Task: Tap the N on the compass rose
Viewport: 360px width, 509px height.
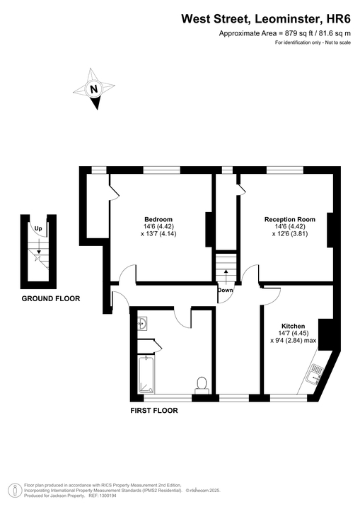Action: pos(94,89)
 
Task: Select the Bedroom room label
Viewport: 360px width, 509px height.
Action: pos(158,219)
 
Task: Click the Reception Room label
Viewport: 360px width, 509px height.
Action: pos(290,219)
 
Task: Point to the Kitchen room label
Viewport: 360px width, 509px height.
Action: pos(293,327)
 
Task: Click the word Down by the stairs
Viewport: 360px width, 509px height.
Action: pos(226,291)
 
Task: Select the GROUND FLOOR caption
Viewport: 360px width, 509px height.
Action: pos(50,299)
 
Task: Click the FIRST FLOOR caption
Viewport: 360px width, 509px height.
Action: pos(153,411)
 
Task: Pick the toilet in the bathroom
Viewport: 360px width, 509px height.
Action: pos(202,384)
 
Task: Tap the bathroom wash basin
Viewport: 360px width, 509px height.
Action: pos(143,324)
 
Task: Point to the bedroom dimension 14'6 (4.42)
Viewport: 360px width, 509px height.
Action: pos(158,226)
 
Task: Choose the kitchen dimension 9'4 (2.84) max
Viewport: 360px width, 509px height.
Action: pos(293,341)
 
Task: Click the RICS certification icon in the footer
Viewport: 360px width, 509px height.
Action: pos(12,490)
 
